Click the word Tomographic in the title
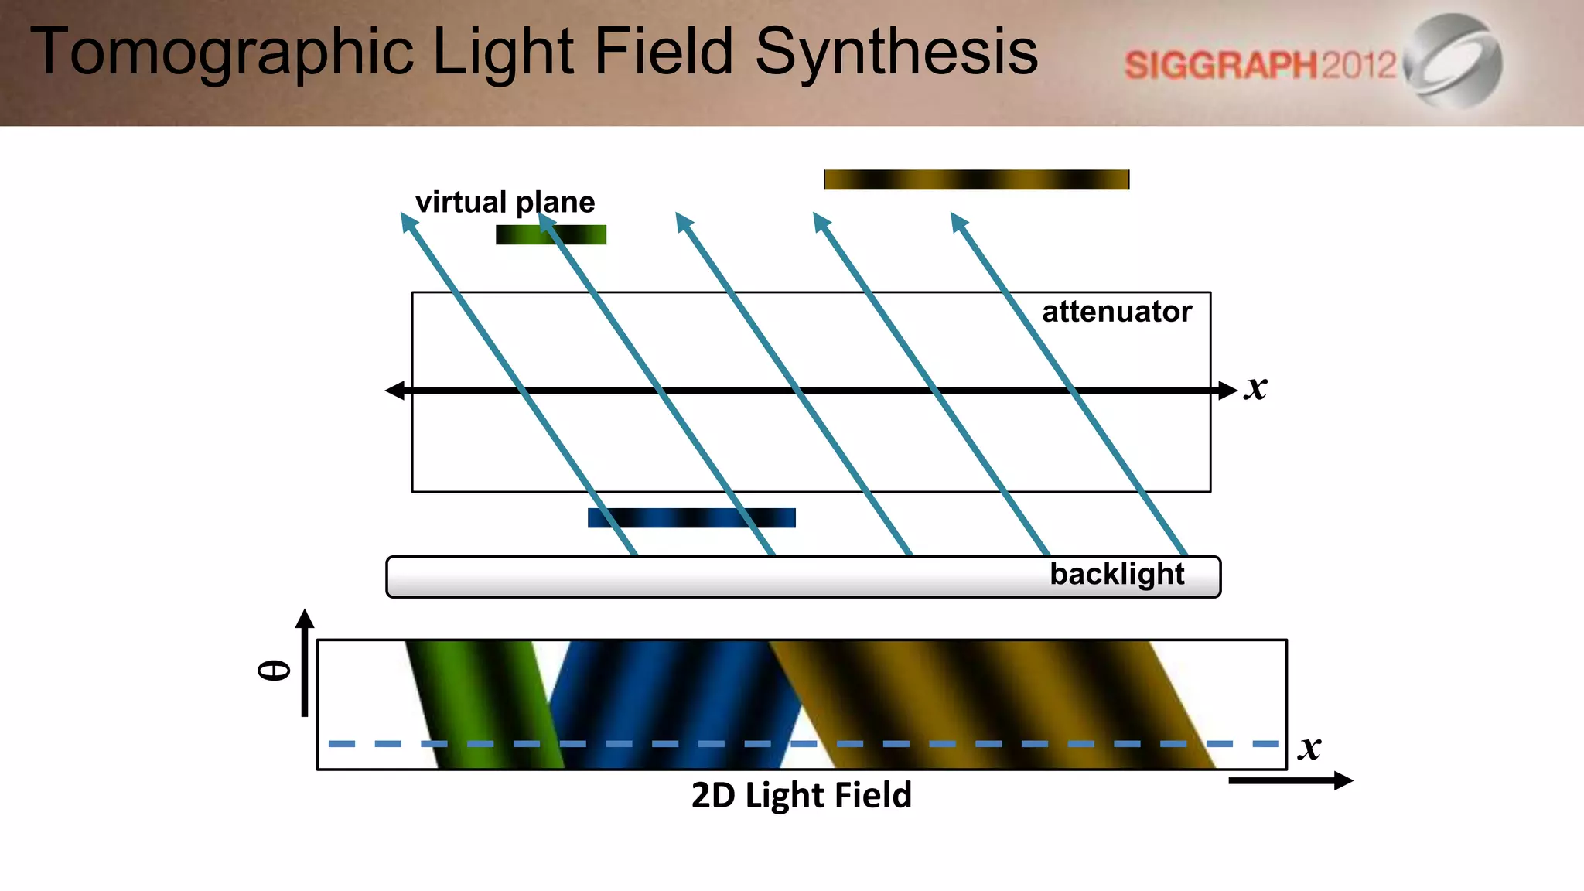pos(221,53)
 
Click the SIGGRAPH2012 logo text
pos(1260,65)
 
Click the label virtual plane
pos(505,202)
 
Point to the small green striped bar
pos(551,234)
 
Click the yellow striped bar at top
pos(976,179)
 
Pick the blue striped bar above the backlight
pos(691,517)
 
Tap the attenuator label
pos(1116,312)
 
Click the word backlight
pos(1116,574)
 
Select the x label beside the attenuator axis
pos(1256,387)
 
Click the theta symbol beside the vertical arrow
pos(274,670)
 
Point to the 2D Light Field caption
pos(801,795)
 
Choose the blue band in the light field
pos(673,704)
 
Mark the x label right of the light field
pos(1309,747)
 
